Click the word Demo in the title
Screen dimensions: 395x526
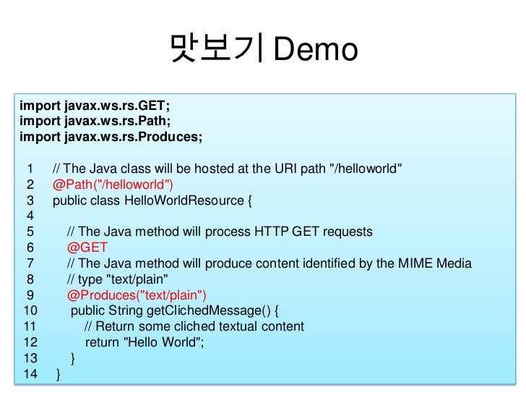click(x=316, y=51)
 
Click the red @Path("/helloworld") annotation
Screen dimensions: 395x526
click(x=113, y=184)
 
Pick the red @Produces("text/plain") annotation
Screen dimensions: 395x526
click(x=137, y=296)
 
